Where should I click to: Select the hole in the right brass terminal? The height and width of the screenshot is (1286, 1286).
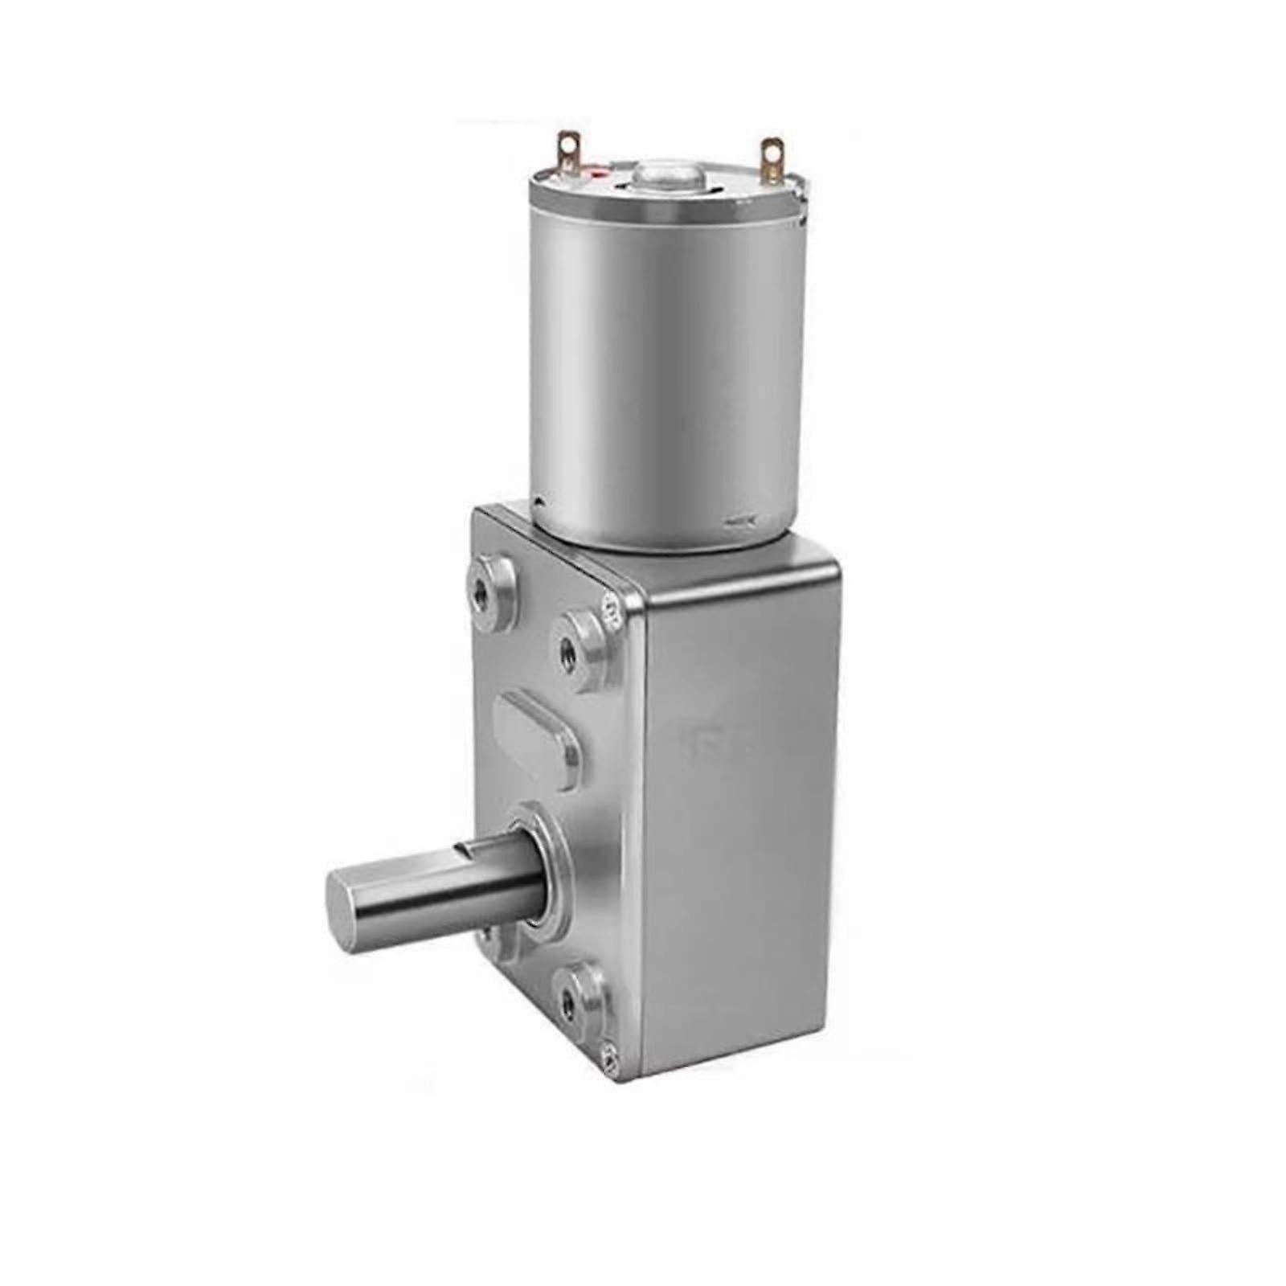(x=772, y=150)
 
